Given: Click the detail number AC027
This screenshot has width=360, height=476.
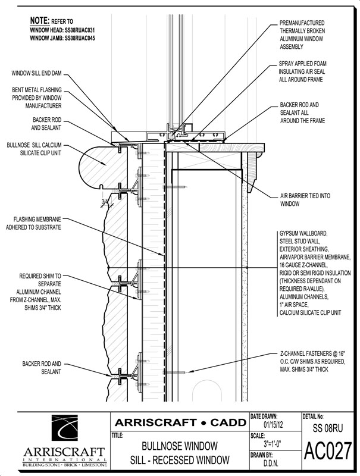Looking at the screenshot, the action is pyautogui.click(x=328, y=451).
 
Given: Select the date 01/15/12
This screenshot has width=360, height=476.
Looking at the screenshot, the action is pyautogui.click(x=273, y=424).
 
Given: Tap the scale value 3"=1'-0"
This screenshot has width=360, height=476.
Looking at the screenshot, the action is pyautogui.click(x=273, y=444).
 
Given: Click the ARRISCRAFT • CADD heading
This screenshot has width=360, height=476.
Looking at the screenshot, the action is pyautogui.click(x=180, y=422).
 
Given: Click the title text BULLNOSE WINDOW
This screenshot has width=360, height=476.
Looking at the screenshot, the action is pyautogui.click(x=180, y=446).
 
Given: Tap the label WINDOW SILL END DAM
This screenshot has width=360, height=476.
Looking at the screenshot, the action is pyautogui.click(x=36, y=73).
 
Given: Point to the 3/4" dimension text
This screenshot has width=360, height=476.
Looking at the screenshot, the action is pyautogui.click(x=105, y=201).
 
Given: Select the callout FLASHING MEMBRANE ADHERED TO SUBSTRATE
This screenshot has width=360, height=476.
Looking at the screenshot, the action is pyautogui.click(x=33, y=223).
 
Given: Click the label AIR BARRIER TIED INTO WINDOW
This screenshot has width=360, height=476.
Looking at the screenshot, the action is pyautogui.click(x=305, y=200).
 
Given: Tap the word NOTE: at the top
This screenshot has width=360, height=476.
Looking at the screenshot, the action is pyautogui.click(x=39, y=21).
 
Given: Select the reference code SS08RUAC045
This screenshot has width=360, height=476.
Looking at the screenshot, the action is pyautogui.click(x=80, y=38).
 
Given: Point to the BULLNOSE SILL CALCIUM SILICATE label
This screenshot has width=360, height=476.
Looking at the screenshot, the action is pyautogui.click(x=34, y=149).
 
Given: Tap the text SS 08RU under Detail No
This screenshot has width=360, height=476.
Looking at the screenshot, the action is pyautogui.click(x=328, y=428).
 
